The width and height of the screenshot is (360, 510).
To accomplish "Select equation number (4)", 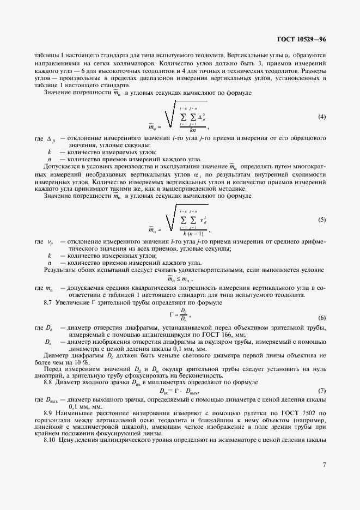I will click(x=322, y=117).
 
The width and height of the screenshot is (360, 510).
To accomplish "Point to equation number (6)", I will click(x=322, y=318).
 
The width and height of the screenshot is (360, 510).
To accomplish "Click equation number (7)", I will click(x=322, y=391).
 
